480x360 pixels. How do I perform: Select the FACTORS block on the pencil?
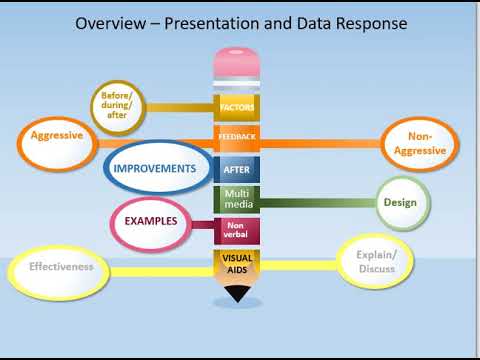pyautogui.click(x=238, y=105)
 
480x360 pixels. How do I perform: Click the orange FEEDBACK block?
pyautogui.click(x=238, y=135)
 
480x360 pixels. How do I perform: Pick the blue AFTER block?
pyautogui.click(x=238, y=170)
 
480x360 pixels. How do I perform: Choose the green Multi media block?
pyautogui.click(x=238, y=198)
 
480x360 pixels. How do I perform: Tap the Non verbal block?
pyautogui.click(x=238, y=231)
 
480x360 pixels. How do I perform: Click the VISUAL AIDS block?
pyautogui.click(x=238, y=265)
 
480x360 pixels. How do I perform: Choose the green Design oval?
pyautogui.click(x=402, y=203)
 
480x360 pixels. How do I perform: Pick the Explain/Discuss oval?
pyautogui.click(x=376, y=263)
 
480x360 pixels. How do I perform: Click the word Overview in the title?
pyautogui.click(x=111, y=22)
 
